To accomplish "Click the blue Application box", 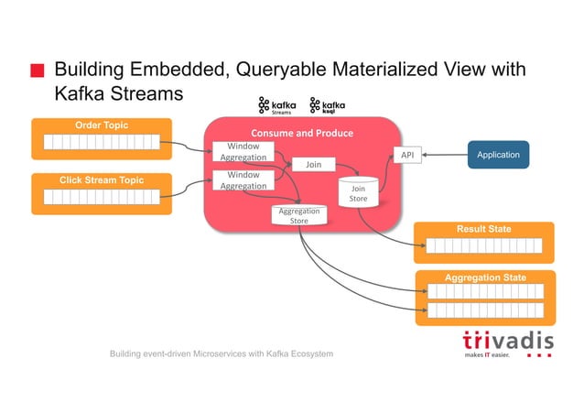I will pos(498,155).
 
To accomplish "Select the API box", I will pos(407,156).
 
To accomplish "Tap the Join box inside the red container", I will pos(313,166).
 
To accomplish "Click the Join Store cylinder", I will pos(358,192).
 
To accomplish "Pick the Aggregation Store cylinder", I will pos(299,215).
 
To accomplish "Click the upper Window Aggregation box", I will pos(243,152).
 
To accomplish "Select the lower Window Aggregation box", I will pos(243,179).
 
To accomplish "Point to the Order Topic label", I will pos(101,125).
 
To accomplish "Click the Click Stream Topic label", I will pos(101,180).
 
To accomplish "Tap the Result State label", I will pos(484,229).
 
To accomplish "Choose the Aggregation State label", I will pos(484,277).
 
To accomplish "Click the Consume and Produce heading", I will pos(302,133).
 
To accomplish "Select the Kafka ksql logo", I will pos(327,106).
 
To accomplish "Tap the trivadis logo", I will pos(507,342).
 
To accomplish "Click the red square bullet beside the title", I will pos(37,71).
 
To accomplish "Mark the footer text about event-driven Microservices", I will pos(222,353).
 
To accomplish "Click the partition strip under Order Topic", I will pos(101,142).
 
